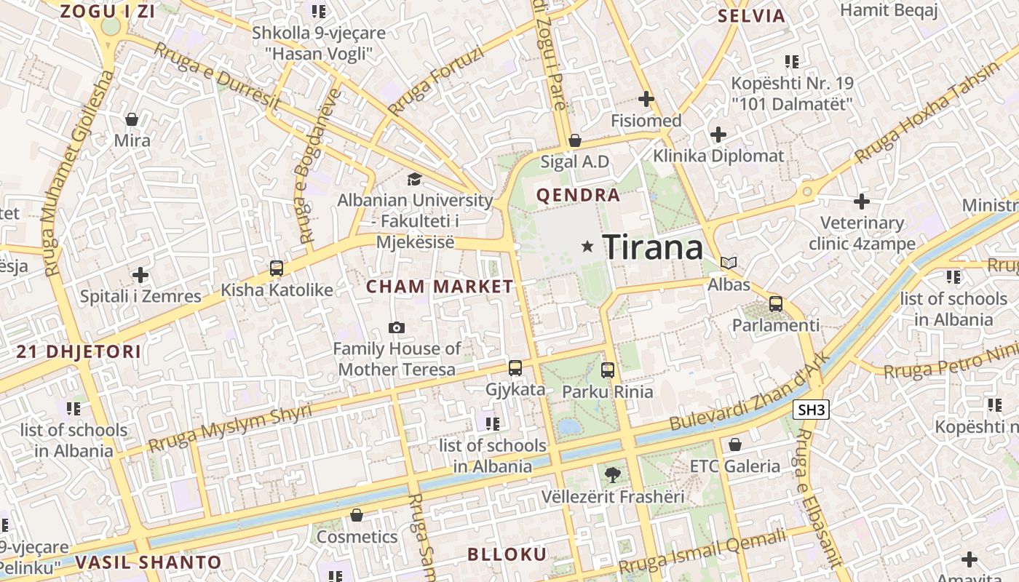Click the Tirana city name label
pos(653,247)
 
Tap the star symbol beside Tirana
pos(587,247)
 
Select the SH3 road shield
pos(812,410)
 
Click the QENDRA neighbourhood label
pos(578,195)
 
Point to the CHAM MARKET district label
pos(440,287)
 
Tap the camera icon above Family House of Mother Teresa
pos(397,328)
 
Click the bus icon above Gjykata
pos(515,368)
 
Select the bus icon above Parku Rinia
pos(608,370)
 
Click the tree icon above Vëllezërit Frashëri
pos(613,475)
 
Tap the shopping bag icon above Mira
pos(132,119)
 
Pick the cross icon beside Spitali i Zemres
pos(140,275)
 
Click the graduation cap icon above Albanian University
pos(413,179)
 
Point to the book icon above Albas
pos(729,263)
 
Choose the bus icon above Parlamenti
pos(776,304)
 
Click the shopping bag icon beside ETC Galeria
pos(735,444)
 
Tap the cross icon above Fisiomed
pos(646,99)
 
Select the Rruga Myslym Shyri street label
pos(229,428)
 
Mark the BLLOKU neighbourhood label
pos(507,554)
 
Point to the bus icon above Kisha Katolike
pos(277,268)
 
